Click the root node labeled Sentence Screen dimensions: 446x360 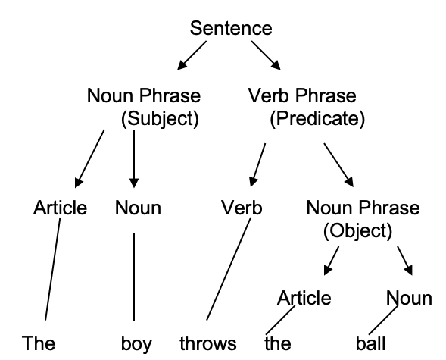(231, 28)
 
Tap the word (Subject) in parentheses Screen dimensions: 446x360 (160, 118)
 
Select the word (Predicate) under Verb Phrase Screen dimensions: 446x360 (317, 118)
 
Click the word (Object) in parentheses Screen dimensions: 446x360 (358, 230)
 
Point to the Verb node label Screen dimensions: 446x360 (242, 208)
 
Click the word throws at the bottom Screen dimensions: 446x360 (208, 343)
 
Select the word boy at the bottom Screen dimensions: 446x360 (136, 344)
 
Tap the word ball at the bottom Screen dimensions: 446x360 (370, 343)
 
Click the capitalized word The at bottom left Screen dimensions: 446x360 (39, 343)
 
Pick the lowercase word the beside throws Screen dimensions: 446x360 (278, 343)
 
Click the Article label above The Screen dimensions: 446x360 (60, 208)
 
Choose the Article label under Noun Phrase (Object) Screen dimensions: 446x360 (304, 298)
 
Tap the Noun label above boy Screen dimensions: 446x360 (138, 208)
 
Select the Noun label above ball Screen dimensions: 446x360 (409, 298)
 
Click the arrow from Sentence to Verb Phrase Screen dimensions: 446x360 (266, 55)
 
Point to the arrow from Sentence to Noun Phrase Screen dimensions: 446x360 (192, 55)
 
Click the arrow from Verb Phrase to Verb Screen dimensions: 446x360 (258, 165)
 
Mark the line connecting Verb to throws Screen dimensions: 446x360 (229, 269)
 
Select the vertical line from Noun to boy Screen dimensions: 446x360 (134, 277)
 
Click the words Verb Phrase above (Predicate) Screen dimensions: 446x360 (302, 95)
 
